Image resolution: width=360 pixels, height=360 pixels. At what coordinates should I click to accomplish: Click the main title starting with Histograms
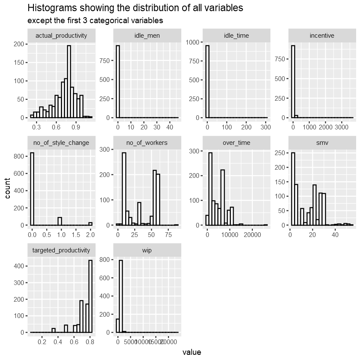pos(135,8)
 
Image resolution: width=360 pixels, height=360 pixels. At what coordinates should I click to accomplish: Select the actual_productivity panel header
pos(61,36)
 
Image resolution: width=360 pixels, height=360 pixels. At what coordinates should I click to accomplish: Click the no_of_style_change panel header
pos(61,143)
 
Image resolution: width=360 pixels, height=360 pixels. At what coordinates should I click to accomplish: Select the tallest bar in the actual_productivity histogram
pos(69,81)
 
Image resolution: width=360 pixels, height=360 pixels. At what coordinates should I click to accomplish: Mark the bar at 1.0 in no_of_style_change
pos(60,221)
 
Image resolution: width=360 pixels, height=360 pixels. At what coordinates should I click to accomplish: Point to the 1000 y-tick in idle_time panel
pos(195,42)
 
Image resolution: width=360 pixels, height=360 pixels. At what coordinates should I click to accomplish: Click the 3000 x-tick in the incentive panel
pos(342,127)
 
